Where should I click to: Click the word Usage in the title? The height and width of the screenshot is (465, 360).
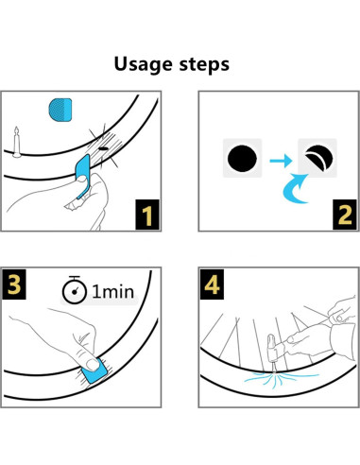coord(143,65)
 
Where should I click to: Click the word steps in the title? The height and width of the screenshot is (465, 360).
coord(204,64)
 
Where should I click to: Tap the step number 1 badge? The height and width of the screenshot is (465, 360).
coord(147,215)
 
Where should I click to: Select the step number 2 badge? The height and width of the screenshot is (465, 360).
coord(345,215)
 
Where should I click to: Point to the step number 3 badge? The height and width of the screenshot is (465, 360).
coord(14,284)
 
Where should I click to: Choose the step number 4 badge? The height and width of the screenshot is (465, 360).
coord(212,284)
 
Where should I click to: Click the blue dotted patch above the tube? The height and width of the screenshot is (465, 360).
coord(60,110)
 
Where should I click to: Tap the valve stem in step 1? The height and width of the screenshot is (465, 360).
coord(17,142)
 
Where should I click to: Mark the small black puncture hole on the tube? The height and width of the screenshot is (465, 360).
coord(103,148)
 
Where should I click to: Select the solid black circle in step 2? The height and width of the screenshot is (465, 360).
coord(242,158)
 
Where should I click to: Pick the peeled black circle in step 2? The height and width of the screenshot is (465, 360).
coord(318,158)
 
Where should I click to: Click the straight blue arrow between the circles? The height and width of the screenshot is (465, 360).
coord(281,161)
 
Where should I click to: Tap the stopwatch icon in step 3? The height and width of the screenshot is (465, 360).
coord(75,290)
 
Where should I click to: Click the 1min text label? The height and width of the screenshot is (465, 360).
coord(113,292)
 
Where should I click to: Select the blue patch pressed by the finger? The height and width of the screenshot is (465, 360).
coord(94,371)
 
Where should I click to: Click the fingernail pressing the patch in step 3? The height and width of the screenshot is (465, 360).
coord(93,365)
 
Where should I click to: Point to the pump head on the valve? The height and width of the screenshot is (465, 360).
coord(274,348)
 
